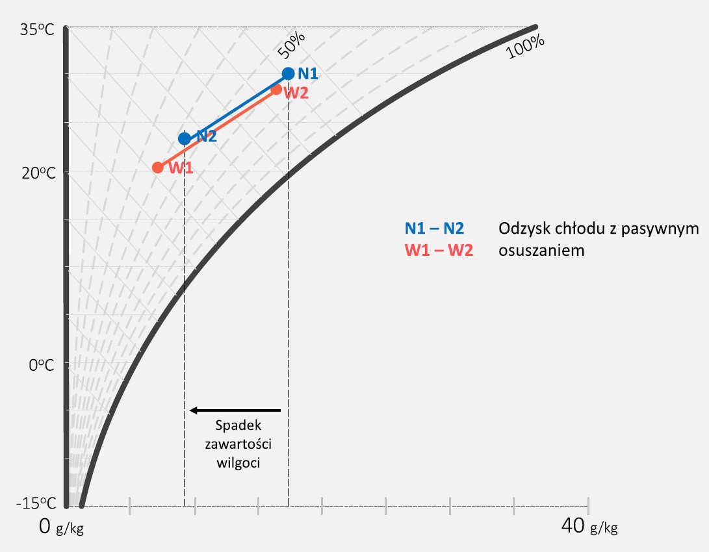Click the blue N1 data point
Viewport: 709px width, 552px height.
coord(288,73)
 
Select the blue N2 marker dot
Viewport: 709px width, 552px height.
coord(184,138)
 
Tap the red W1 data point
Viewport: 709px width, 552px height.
coord(157,168)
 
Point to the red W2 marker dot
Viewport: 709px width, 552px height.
coord(276,90)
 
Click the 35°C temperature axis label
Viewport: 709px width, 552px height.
coord(36,30)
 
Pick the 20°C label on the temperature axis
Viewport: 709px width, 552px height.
coord(38,173)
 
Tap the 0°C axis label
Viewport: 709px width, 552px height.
coord(41,364)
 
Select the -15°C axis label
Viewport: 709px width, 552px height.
coord(36,503)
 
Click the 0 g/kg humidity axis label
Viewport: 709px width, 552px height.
coord(62,527)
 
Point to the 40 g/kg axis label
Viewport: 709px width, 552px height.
coord(589,526)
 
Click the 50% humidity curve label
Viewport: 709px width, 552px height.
coord(291,45)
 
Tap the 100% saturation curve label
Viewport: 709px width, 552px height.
coord(525,46)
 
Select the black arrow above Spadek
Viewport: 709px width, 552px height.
coord(235,410)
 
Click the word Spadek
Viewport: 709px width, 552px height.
coord(238,425)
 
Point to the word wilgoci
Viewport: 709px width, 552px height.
coord(238,463)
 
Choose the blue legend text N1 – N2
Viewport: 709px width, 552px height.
coord(434,229)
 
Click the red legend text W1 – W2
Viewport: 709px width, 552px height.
coord(439,250)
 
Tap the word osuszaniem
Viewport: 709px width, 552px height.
coord(541,250)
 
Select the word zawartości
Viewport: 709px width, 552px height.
coord(238,444)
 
